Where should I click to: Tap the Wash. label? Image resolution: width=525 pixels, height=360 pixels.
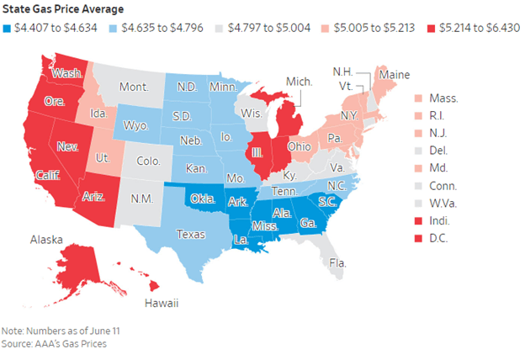(66, 73)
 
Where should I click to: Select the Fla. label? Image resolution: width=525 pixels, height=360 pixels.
(338, 263)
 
